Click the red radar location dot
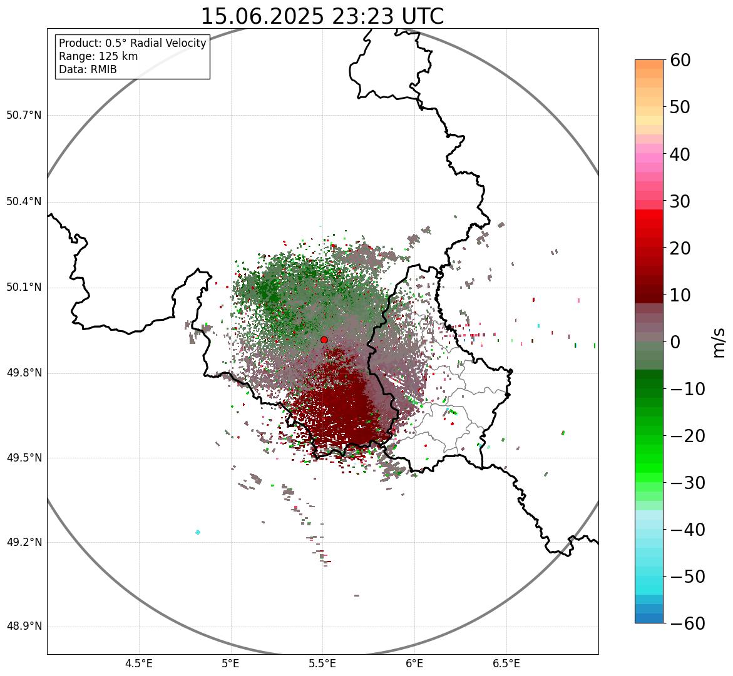click(324, 340)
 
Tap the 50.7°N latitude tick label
click(24, 115)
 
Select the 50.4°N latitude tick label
click(24, 201)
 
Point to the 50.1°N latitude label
click(24, 288)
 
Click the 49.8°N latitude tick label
click(24, 373)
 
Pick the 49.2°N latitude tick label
click(24, 542)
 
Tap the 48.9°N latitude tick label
click(24, 627)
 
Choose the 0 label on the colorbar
click(676, 342)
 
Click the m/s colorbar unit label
click(718, 342)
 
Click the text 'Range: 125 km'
click(98, 56)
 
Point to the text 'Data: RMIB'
click(88, 69)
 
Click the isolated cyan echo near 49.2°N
click(198, 532)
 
